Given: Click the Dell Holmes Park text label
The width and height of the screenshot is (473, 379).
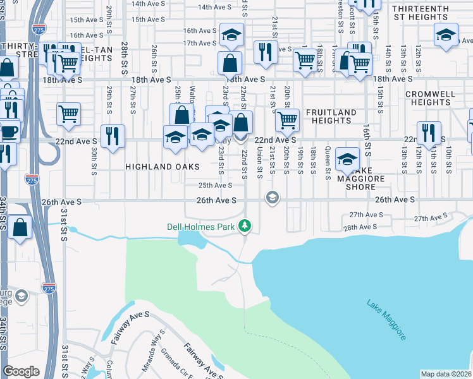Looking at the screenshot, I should pyautogui.click(x=200, y=226).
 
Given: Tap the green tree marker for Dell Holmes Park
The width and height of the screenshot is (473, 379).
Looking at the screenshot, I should pyautogui.click(x=245, y=226).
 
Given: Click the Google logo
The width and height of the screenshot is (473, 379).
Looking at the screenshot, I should pyautogui.click(x=21, y=371).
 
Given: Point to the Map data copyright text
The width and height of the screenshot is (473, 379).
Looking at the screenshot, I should pyautogui.click(x=446, y=374).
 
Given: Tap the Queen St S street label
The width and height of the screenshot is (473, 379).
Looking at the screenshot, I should pyautogui.click(x=328, y=164).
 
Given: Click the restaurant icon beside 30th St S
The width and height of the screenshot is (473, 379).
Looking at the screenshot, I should pyautogui.click(x=113, y=135).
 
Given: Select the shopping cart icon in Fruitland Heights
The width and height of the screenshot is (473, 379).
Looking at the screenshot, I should pyautogui.click(x=287, y=118).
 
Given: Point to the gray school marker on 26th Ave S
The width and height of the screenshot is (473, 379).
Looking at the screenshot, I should pyautogui.click(x=273, y=198).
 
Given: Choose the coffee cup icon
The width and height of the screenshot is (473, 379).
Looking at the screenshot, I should pyautogui.click(x=9, y=131).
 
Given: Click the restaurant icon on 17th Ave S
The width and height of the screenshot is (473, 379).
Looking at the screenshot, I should pyautogui.click(x=266, y=51).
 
